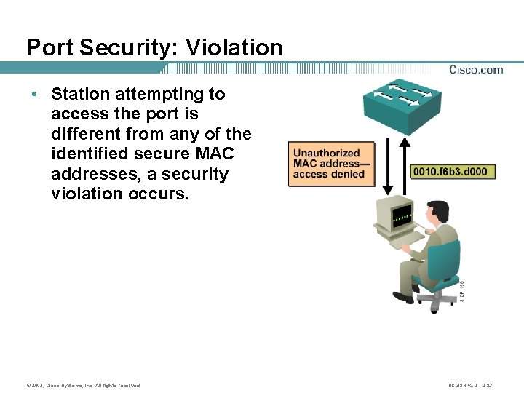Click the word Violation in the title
click(x=234, y=47)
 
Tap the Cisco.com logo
click(x=476, y=70)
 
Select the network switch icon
click(x=402, y=106)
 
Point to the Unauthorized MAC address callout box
click(x=331, y=164)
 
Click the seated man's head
click(x=440, y=215)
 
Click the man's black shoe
click(x=402, y=297)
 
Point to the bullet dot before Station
click(x=34, y=95)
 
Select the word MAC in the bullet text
click(x=212, y=154)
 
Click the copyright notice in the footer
click(x=82, y=385)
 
